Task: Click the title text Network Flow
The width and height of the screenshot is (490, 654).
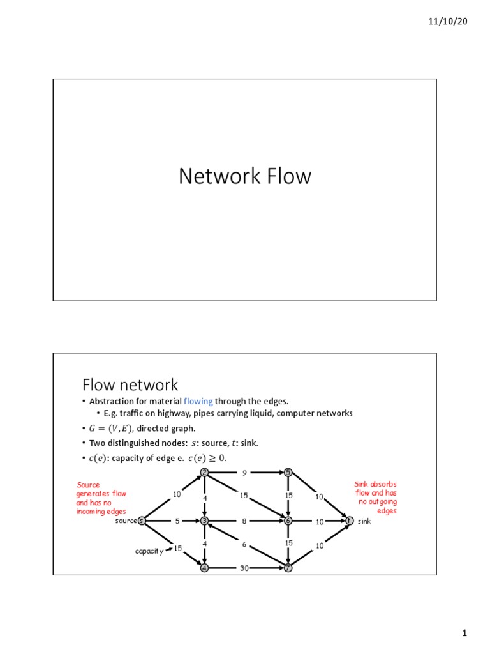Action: click(244, 176)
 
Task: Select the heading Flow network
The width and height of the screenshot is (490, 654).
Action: click(130, 384)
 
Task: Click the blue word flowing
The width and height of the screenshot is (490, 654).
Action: click(198, 401)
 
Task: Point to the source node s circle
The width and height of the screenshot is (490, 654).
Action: click(142, 521)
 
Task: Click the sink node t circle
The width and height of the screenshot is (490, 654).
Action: click(349, 521)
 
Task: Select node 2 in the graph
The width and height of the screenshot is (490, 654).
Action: click(204, 473)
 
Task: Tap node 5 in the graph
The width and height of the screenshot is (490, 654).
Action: click(288, 473)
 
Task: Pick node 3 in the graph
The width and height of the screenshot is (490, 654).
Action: click(204, 521)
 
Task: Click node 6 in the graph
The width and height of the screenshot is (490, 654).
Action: click(288, 521)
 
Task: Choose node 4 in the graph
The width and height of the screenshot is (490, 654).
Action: click(204, 568)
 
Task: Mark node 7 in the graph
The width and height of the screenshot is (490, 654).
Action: click(288, 568)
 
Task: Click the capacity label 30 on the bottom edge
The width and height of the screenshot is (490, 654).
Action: click(244, 568)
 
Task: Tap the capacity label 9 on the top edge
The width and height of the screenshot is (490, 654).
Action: click(244, 473)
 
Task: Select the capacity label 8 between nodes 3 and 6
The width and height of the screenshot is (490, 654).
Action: click(244, 521)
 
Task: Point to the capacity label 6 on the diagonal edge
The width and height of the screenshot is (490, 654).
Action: click(244, 544)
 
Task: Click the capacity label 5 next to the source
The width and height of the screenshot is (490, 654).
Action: click(177, 521)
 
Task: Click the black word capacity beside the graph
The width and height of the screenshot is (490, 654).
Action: click(149, 551)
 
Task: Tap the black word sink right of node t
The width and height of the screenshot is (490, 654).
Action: click(364, 521)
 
